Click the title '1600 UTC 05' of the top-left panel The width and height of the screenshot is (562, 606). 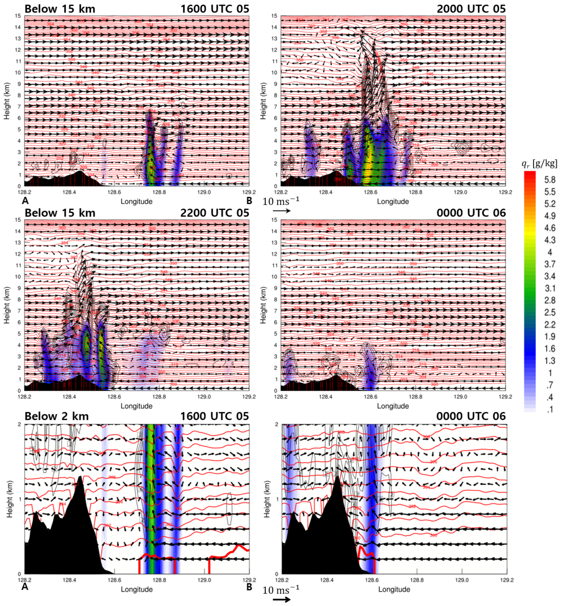point(215,9)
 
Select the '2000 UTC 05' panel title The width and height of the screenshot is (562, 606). point(471,9)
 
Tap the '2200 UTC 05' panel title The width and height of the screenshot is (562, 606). point(215,213)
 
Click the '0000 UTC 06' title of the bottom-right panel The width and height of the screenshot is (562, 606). point(471,416)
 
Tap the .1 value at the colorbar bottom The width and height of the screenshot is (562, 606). point(550,409)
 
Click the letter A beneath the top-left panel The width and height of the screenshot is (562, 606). point(25,200)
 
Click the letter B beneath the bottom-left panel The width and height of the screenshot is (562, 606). point(249,587)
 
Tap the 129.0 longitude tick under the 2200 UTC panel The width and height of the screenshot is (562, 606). point(204,397)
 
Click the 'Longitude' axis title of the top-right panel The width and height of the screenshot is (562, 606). point(393,202)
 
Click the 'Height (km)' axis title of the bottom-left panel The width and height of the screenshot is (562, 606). point(10,499)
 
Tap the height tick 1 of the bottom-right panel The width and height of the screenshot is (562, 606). point(277,499)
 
